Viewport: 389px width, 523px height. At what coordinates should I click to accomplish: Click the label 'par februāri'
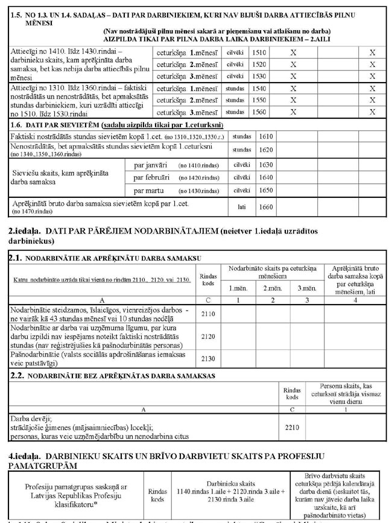[x=150, y=177]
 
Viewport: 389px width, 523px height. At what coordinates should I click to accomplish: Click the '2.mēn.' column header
[x=273, y=288]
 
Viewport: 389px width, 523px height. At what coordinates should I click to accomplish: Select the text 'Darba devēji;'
[x=30, y=416]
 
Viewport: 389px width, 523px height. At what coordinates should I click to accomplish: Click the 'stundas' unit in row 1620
[x=241, y=150]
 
